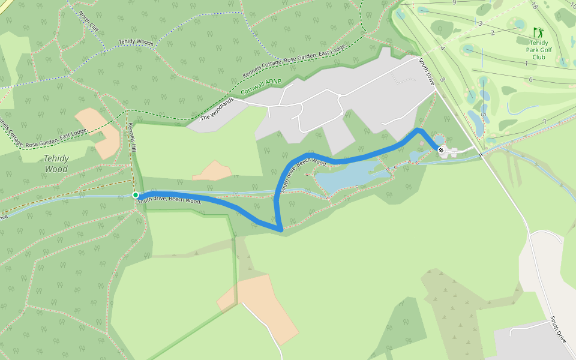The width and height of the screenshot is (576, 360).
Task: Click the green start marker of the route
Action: click(x=136, y=195)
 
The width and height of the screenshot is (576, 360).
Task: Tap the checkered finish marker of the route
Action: click(x=441, y=150)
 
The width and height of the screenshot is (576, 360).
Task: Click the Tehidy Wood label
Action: click(x=56, y=163)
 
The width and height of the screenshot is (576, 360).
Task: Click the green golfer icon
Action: click(x=538, y=32)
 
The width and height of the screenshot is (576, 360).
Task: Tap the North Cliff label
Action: click(x=88, y=20)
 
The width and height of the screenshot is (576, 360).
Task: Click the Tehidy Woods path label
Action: click(x=136, y=42)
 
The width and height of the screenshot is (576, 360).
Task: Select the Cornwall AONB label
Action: click(x=261, y=88)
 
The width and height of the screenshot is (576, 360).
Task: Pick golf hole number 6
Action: click(x=530, y=79)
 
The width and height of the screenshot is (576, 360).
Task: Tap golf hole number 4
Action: click(x=442, y=48)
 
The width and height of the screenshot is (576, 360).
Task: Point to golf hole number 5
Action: click(x=482, y=114)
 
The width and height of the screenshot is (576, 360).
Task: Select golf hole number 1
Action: click(x=526, y=64)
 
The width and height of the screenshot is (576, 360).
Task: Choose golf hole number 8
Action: click(x=442, y=79)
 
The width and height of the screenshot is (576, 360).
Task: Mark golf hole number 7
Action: click(x=544, y=122)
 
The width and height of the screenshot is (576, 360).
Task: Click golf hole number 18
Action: click(x=534, y=5)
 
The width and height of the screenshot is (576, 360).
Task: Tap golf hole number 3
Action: click(x=480, y=23)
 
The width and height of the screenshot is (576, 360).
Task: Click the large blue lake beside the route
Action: click(x=348, y=177)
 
